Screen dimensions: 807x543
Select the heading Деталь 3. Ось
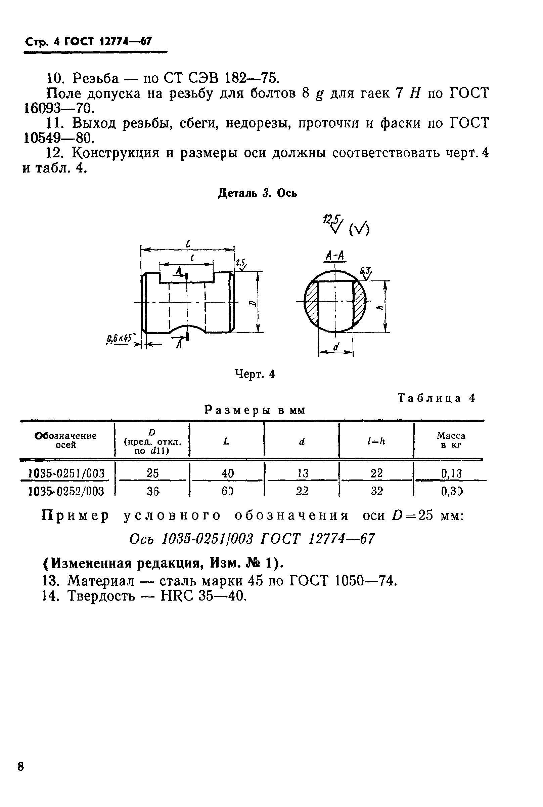257,193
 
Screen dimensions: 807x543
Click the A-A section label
335,256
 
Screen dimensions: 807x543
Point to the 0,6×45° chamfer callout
120,338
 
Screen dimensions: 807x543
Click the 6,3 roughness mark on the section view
365,272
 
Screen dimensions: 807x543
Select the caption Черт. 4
255,374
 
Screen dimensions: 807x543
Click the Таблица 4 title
436,397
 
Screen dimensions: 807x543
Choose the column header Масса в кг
451,440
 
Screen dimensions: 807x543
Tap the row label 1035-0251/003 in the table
66,473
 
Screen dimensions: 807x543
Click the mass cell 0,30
452,491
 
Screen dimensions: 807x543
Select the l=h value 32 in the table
376,491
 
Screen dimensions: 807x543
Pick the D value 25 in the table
152,473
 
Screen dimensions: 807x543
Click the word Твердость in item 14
101,596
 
